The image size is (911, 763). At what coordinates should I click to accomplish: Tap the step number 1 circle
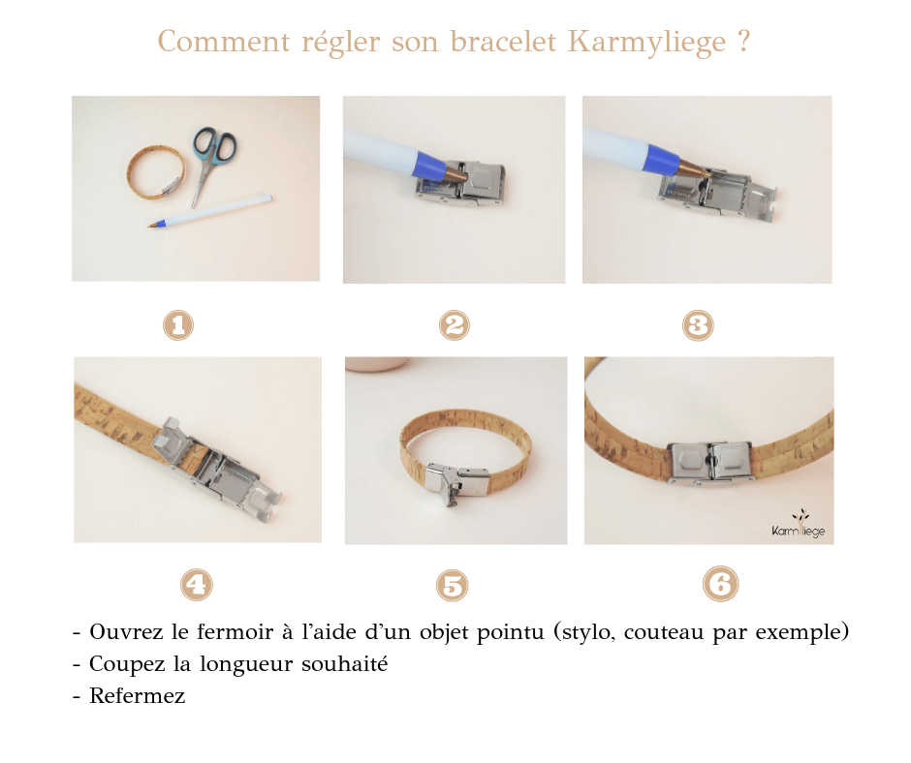[178, 325]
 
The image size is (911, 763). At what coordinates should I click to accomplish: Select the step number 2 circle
[454, 325]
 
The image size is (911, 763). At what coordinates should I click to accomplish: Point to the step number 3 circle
[698, 325]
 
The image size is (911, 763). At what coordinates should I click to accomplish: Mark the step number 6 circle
[719, 584]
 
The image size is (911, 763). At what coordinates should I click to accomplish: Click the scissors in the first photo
[211, 160]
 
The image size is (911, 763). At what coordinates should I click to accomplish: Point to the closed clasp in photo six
[708, 459]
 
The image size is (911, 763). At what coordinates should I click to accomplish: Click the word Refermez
[137, 696]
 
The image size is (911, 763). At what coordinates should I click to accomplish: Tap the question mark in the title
[742, 44]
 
